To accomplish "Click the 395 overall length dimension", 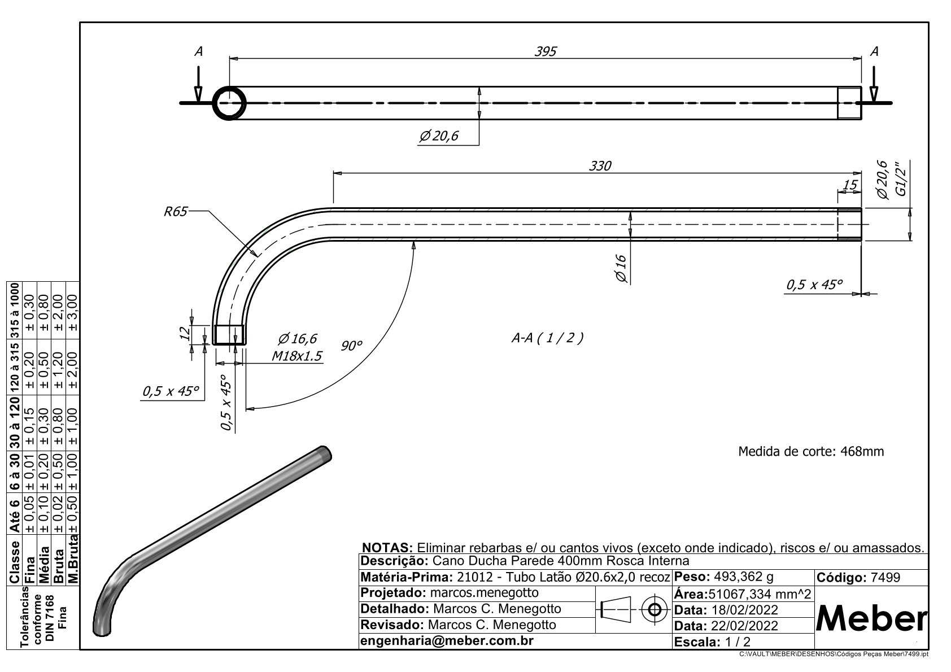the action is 545,51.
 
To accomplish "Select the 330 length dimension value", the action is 600,165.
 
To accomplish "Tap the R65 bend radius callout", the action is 175,211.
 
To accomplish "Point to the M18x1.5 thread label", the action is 296,356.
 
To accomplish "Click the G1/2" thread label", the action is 901,178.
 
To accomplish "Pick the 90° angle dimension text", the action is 351,346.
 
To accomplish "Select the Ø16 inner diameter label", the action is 620,269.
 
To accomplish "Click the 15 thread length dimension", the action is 849,185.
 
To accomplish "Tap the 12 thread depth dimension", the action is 185,333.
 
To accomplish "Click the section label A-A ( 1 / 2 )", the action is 547,338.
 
